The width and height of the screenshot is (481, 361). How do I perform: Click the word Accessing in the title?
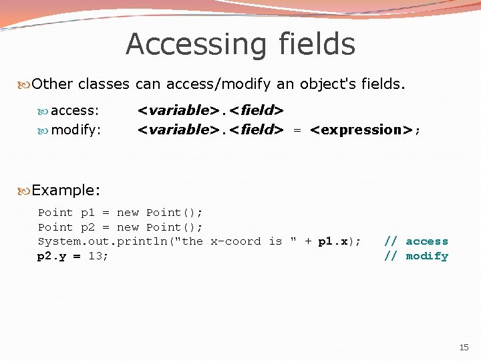click(x=182, y=45)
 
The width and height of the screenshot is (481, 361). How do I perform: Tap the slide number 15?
click(x=464, y=347)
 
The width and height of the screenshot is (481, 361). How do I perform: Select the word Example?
click(x=65, y=191)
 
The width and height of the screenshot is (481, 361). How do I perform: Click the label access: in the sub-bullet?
click(x=75, y=110)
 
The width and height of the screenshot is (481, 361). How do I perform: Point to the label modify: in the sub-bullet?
click(x=76, y=130)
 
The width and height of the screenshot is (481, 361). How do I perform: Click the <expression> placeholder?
click(x=361, y=130)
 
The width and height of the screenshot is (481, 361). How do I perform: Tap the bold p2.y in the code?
click(x=51, y=256)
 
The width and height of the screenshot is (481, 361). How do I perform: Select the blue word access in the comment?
click(x=427, y=241)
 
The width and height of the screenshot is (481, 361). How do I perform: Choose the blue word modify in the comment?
click(x=427, y=256)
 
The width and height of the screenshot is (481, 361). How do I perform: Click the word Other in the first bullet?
click(x=53, y=85)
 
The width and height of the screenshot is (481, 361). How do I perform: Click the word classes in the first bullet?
click(x=104, y=85)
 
